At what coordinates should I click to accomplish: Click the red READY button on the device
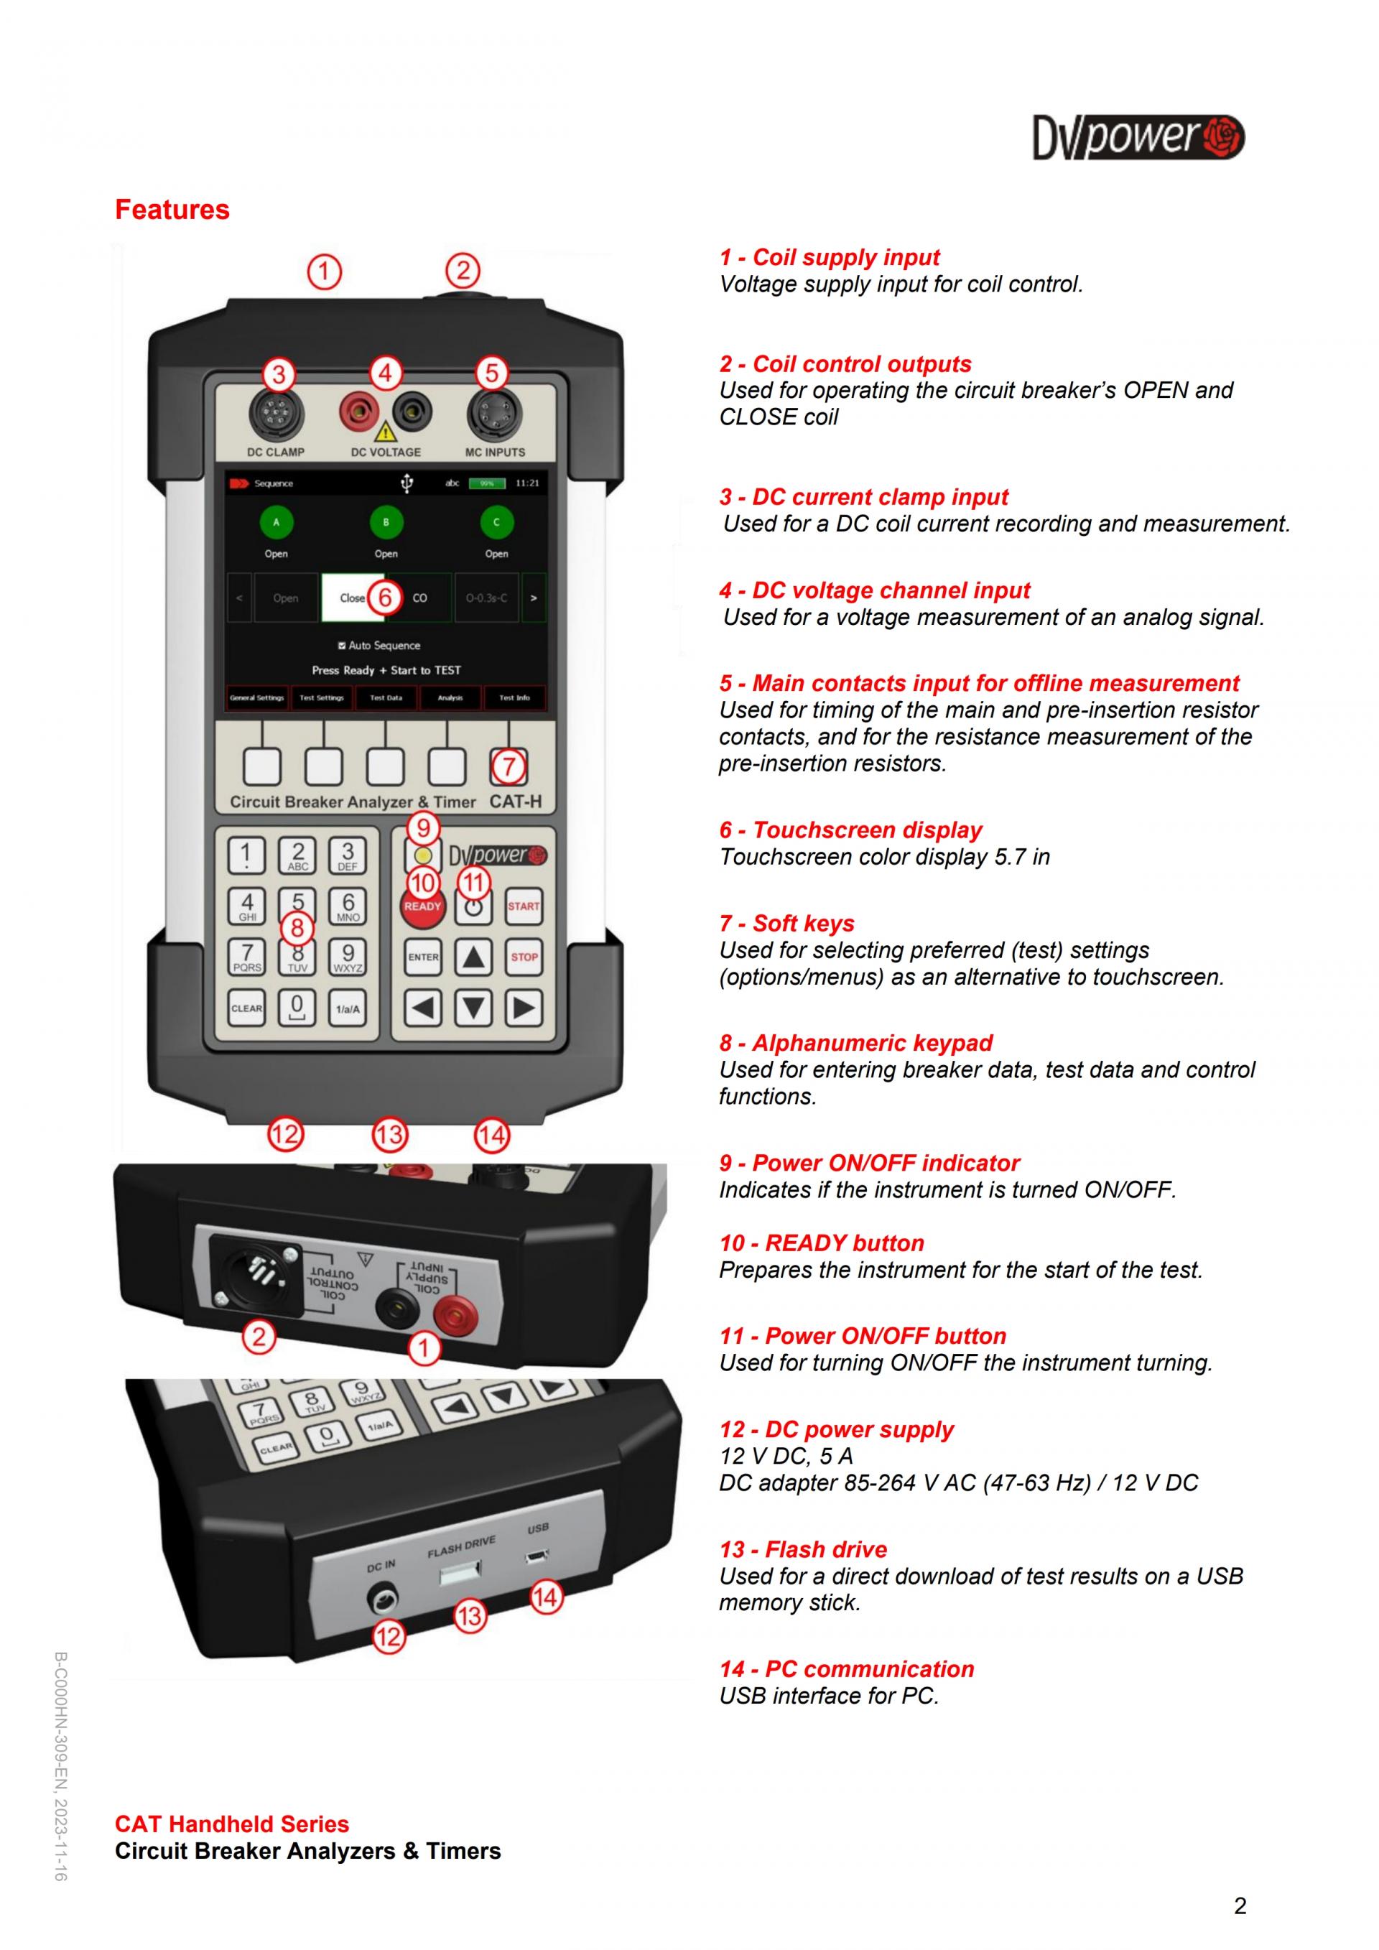[423, 907]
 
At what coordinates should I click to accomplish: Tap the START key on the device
[524, 906]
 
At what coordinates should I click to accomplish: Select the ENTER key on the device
[423, 957]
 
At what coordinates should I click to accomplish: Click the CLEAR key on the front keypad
[246, 1008]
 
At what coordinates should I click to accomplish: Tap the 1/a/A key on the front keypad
[348, 1008]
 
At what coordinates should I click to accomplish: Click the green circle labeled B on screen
[386, 522]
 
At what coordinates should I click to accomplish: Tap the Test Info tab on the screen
[514, 698]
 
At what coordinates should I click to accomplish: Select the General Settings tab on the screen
[257, 698]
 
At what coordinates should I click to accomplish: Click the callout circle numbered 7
[508, 767]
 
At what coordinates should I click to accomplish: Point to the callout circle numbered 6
[386, 597]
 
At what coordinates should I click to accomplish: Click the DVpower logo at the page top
[1138, 136]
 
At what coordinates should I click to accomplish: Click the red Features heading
[172, 210]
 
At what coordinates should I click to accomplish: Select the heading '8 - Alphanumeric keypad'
[856, 1043]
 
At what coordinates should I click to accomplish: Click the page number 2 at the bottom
[1240, 1906]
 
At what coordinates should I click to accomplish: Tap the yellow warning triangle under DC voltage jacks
[386, 432]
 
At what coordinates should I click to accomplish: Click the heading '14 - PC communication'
[847, 1669]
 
